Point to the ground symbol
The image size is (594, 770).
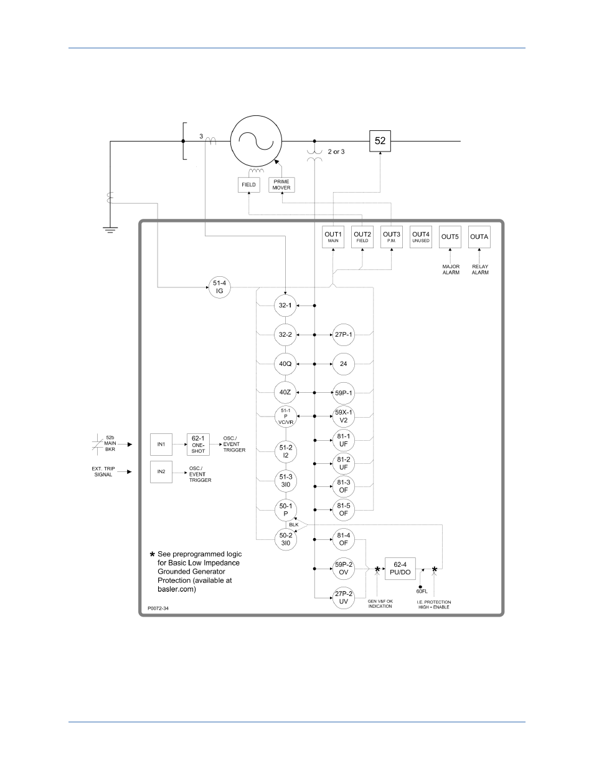[x=110, y=230]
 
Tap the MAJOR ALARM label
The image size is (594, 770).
[x=451, y=269]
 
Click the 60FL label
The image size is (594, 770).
[x=422, y=592]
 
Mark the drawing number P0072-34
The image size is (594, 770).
[x=158, y=609]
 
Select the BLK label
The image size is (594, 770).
[x=294, y=524]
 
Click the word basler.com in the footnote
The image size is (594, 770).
[x=177, y=589]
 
